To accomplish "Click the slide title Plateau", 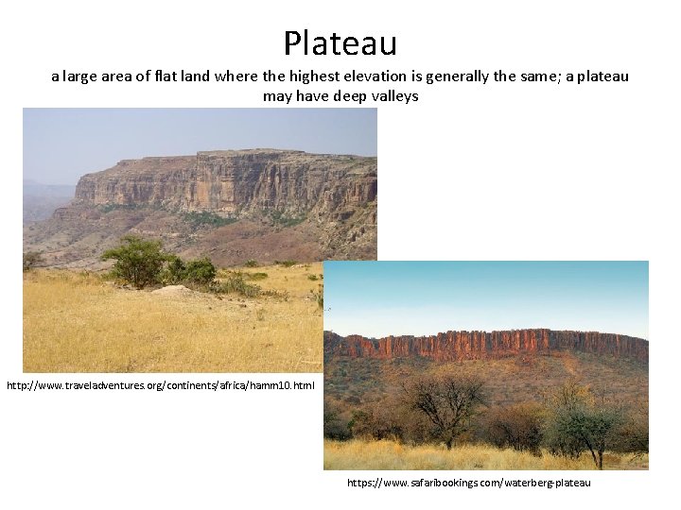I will click(x=340, y=42).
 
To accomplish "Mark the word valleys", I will click(x=395, y=96).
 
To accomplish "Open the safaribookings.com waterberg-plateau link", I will click(x=468, y=483).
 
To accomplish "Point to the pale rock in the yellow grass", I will click(x=173, y=292).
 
